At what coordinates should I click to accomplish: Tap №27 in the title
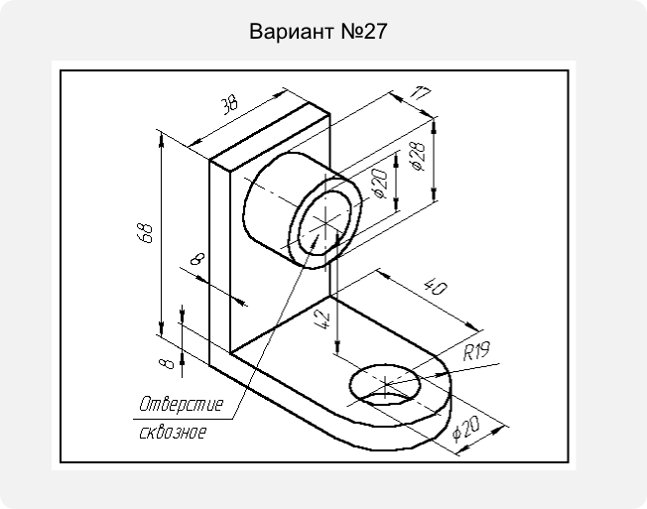[x=364, y=32]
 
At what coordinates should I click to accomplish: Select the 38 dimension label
[x=229, y=105]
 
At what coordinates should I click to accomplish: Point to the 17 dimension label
[x=420, y=94]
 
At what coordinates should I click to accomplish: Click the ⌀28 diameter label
[x=418, y=157]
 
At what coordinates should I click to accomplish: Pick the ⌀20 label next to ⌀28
[x=380, y=184]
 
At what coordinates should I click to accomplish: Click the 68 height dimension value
[x=146, y=233]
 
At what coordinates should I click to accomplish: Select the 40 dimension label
[x=436, y=287]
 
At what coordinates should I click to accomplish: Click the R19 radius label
[x=476, y=351]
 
